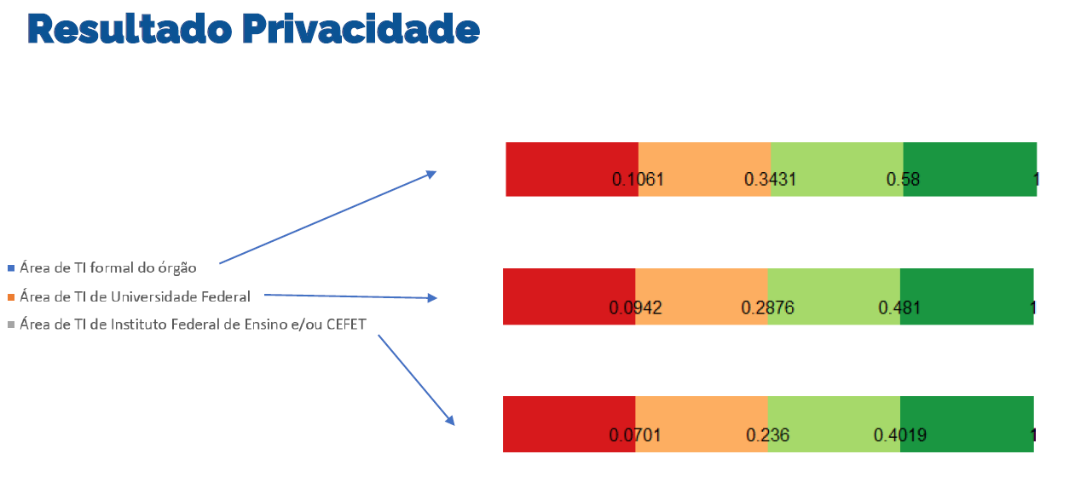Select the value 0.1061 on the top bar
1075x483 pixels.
pyautogui.click(x=638, y=180)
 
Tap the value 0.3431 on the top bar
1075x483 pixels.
pyautogui.click(x=770, y=180)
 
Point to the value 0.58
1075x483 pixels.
pyautogui.click(x=903, y=180)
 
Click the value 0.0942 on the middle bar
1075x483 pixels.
pyautogui.click(x=635, y=308)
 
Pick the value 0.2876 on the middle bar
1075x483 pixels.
pyautogui.click(x=767, y=308)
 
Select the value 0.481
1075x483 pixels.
pyautogui.click(x=899, y=308)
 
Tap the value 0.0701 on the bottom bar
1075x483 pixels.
pyautogui.click(x=635, y=435)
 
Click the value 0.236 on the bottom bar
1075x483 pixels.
pyautogui.click(x=767, y=435)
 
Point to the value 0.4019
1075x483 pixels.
pyautogui.click(x=899, y=435)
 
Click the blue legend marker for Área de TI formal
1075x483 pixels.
pyautogui.click(x=11, y=268)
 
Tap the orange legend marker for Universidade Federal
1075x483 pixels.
pyautogui.click(x=11, y=297)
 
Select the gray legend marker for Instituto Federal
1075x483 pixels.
pyautogui.click(x=11, y=324)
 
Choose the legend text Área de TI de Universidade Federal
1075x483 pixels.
pyautogui.click(x=135, y=297)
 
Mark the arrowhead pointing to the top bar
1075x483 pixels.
pyautogui.click(x=431, y=174)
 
